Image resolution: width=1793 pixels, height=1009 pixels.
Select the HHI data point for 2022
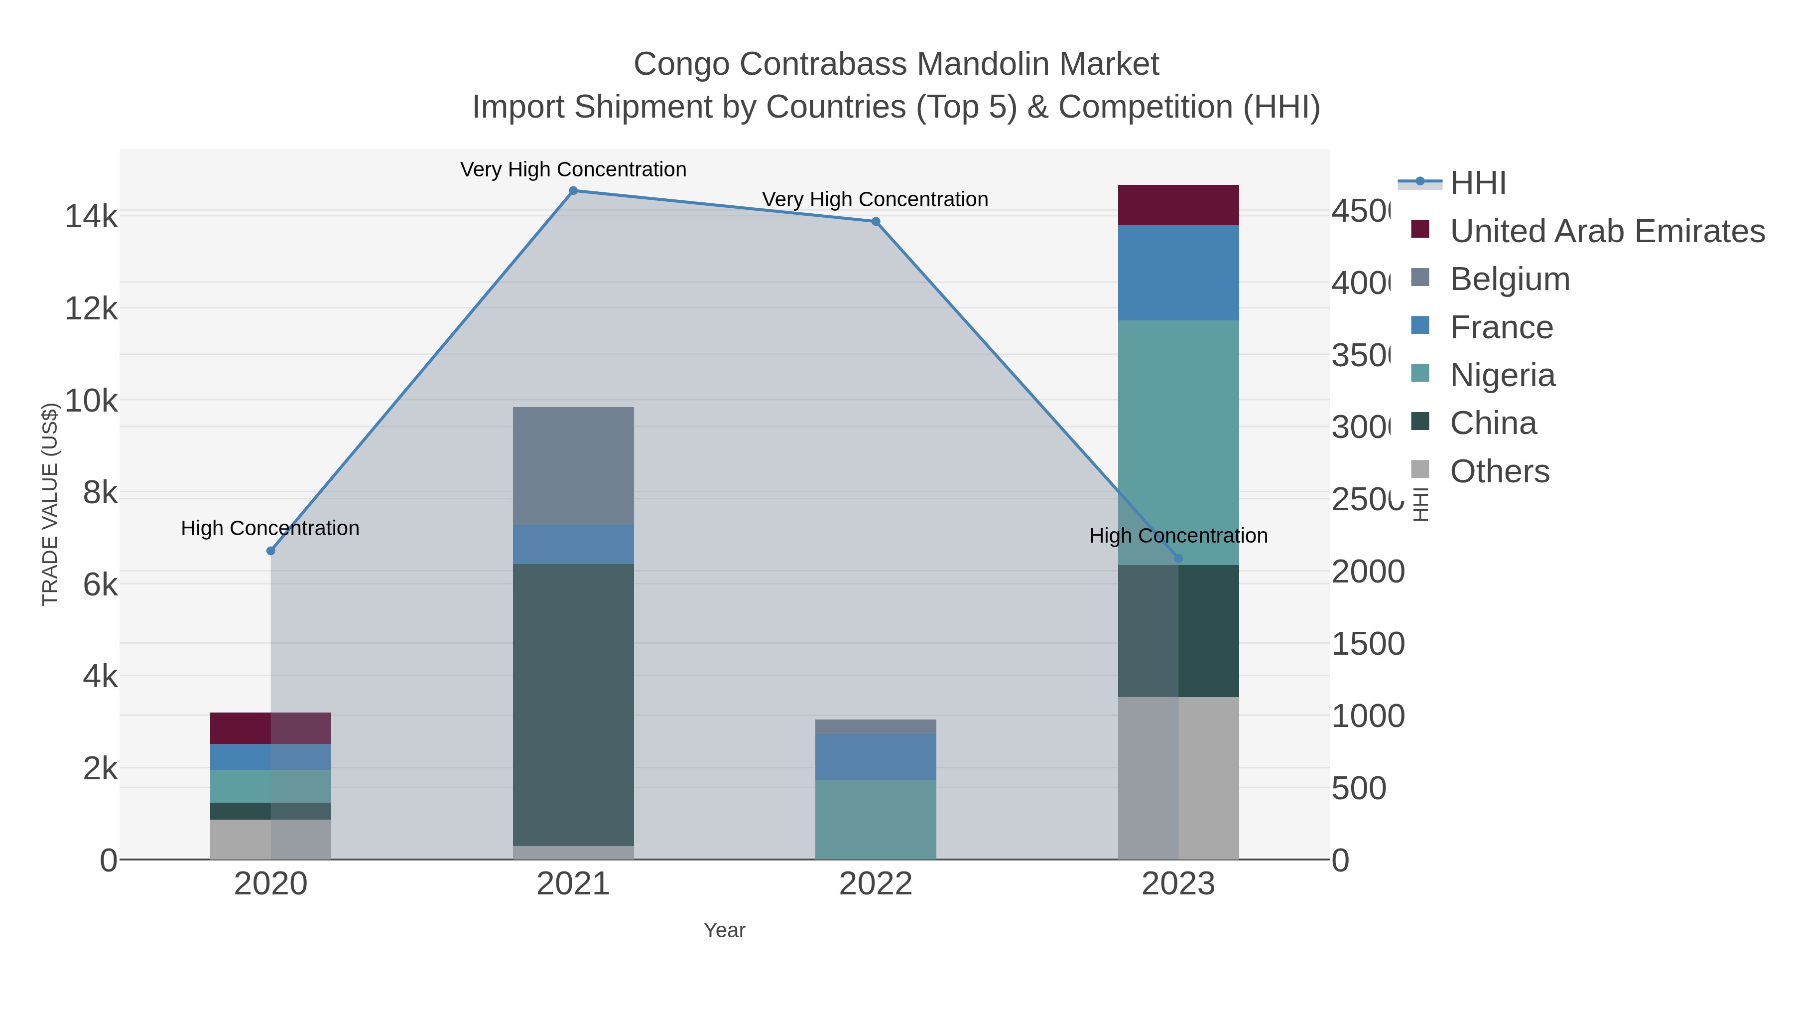pos(876,221)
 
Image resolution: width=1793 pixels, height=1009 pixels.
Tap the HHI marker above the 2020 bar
pos(271,551)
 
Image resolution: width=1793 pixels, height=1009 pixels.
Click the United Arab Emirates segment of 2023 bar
pos(1178,205)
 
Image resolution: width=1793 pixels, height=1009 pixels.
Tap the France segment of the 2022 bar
pos(876,757)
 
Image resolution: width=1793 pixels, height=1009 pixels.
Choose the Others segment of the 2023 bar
pos(1178,778)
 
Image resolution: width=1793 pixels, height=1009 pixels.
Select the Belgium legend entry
pos(1509,279)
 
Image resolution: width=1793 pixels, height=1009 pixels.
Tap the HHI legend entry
pos(1477,183)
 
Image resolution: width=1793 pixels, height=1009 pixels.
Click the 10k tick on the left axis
pos(91,401)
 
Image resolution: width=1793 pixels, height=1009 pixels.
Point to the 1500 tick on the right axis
pos(1367,644)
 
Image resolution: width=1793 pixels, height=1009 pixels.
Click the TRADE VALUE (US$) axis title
pos(50,504)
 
